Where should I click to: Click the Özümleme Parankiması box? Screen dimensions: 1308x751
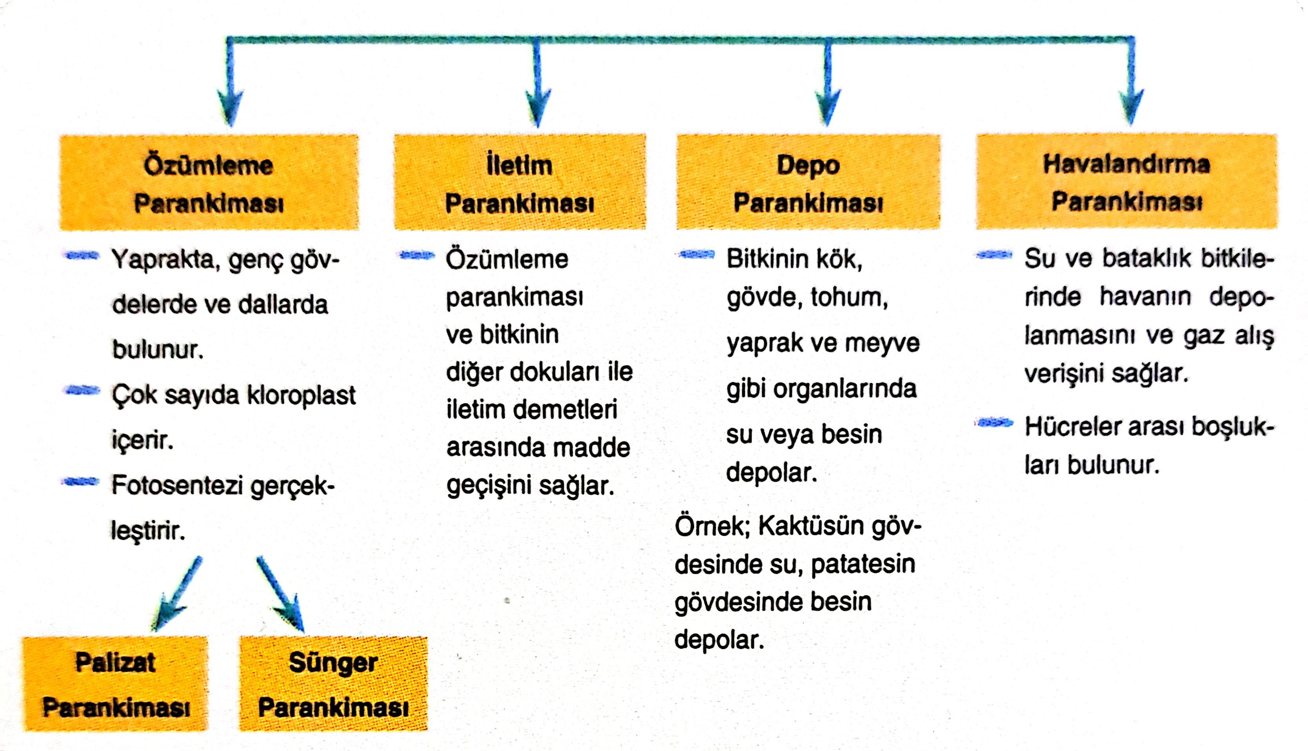[x=209, y=182]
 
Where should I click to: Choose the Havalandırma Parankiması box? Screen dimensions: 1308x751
[x=1127, y=181]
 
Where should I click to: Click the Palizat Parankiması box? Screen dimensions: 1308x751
[x=115, y=684]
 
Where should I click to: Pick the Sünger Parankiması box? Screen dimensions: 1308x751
[x=333, y=684]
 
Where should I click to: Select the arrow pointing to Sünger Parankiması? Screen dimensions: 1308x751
[x=280, y=594]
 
